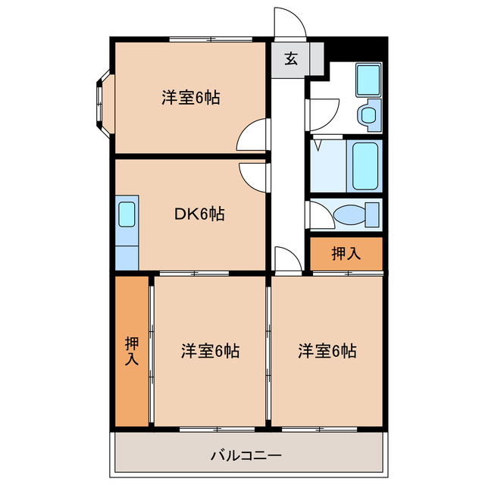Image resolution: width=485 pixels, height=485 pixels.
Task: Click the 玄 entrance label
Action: click(291, 58)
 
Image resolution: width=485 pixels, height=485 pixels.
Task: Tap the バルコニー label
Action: click(246, 455)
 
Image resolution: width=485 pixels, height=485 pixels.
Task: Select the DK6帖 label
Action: click(199, 214)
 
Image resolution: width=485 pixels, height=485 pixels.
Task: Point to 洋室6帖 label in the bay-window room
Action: click(190, 98)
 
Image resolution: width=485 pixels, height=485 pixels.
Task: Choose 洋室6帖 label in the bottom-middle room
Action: click(210, 351)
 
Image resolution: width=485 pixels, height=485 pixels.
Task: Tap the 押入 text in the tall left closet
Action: click(131, 351)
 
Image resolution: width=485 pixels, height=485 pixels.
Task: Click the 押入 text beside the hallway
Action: click(346, 254)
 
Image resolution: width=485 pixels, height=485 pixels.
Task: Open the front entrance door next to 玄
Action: click(290, 23)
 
